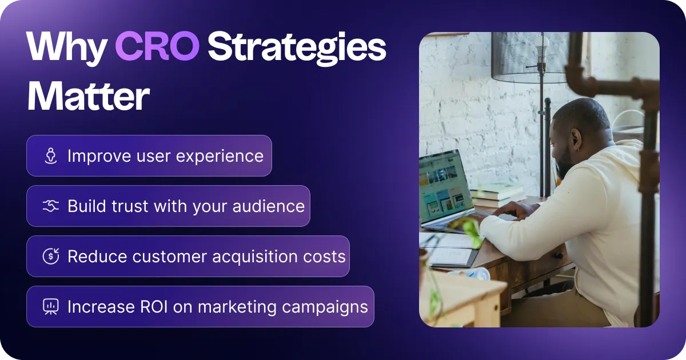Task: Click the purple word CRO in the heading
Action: tap(157, 46)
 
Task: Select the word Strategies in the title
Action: tap(297, 49)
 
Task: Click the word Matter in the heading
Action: tap(89, 96)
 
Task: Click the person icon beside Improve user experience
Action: tap(51, 155)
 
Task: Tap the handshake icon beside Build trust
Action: tap(51, 206)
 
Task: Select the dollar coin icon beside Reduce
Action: tap(51, 256)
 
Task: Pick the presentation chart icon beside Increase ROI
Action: tap(51, 306)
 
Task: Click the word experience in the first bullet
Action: tap(220, 157)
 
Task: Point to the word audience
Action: tap(269, 206)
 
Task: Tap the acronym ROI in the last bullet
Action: tap(154, 306)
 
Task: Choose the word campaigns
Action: tap(325, 307)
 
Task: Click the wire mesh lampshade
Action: tap(530, 57)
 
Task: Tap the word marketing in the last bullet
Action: tap(237, 307)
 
